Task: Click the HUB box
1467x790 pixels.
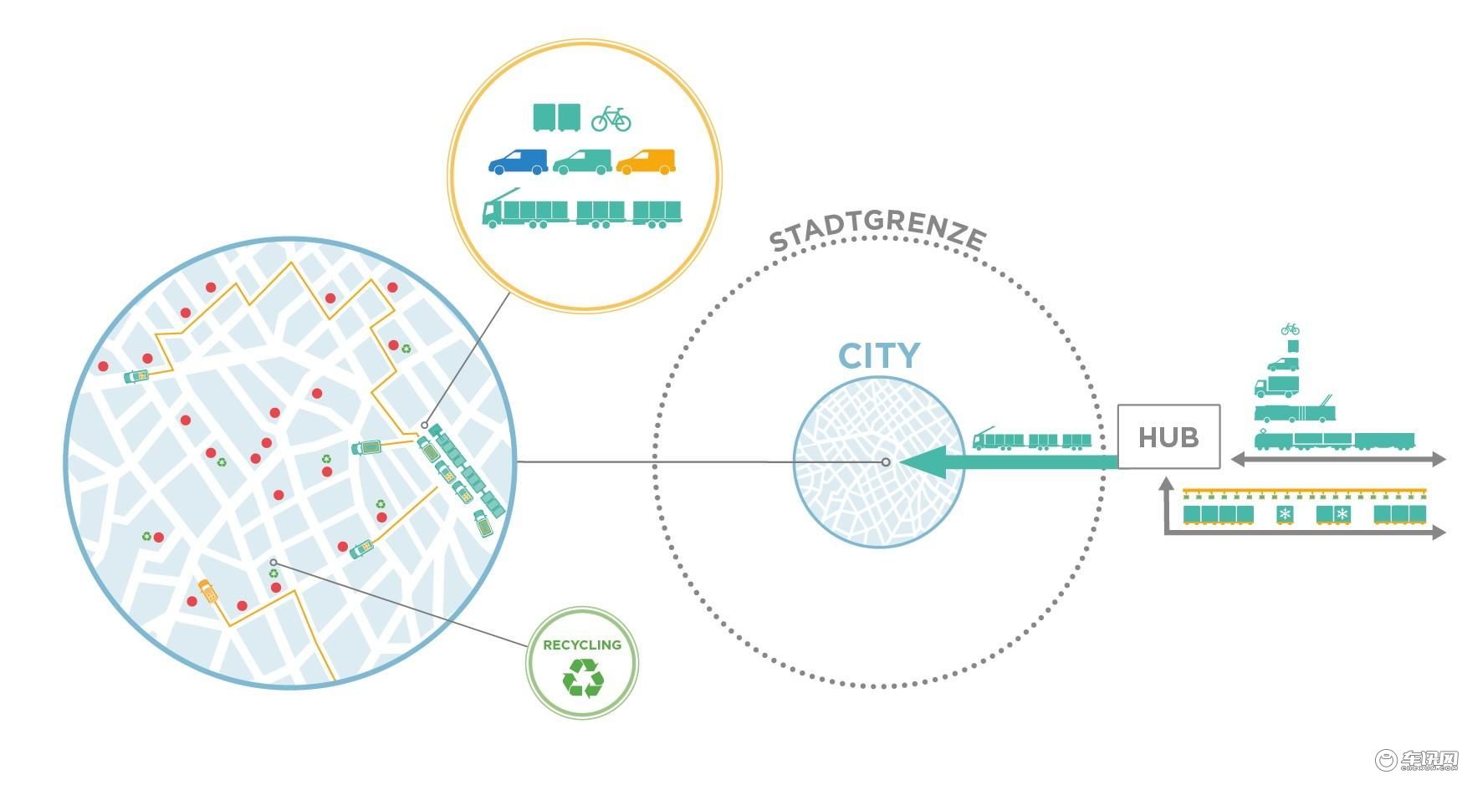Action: pos(1168,436)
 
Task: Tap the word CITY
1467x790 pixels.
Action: pos(879,356)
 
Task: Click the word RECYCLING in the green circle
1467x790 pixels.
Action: pos(582,645)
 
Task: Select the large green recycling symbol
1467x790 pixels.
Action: pos(583,677)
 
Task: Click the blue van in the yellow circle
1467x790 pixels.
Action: pos(518,161)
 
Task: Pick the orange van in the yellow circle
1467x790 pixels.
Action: pos(646,161)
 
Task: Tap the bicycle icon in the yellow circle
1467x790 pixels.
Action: pos(611,119)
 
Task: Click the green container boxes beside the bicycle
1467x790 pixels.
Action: pos(556,117)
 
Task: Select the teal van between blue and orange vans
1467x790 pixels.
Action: pos(582,161)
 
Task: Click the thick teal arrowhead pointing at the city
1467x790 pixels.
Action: pos(923,462)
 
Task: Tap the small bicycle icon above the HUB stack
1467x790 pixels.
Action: pos(1290,329)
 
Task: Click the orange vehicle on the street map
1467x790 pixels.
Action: pos(207,590)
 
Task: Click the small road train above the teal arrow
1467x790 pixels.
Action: pos(1032,440)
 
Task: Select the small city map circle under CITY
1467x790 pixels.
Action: pos(878,462)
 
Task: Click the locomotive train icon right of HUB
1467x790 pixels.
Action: pos(1333,441)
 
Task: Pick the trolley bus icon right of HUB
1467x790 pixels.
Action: pos(1295,412)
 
